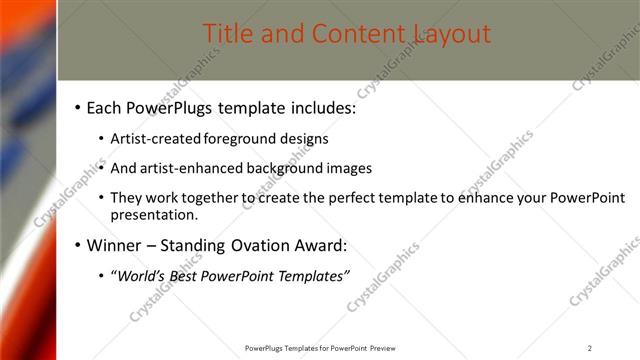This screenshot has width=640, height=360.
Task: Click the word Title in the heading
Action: click(228, 34)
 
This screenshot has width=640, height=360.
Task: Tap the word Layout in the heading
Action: click(453, 34)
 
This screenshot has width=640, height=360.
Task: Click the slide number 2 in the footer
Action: click(590, 348)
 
